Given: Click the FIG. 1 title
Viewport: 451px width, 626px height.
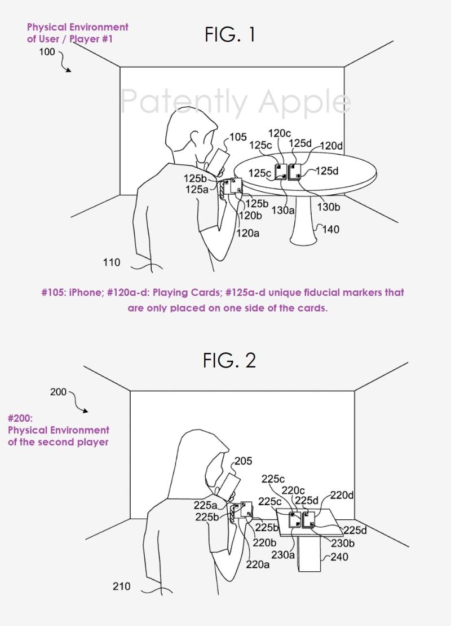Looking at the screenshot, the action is coord(229,34).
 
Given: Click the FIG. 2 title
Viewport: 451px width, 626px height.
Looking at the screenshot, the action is coord(229,361).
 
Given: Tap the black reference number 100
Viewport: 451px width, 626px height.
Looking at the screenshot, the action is coord(47,51).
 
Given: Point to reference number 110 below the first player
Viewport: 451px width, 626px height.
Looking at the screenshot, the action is coord(111,262).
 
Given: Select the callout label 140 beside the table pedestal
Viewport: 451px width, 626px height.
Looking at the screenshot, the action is coord(330,229).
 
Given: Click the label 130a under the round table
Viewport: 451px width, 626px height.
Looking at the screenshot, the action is coord(283,209).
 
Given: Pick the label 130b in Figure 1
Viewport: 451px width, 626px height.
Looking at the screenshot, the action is coord(329,207).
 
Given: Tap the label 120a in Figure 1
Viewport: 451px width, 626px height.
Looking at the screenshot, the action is coord(247,233).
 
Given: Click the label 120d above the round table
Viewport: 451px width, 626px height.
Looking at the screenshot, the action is coord(331,146).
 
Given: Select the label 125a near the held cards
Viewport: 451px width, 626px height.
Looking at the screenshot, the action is coord(197,189).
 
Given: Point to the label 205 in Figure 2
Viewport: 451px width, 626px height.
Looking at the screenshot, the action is coord(243,461).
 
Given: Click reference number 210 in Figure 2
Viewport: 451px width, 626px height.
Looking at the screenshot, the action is coord(121,586).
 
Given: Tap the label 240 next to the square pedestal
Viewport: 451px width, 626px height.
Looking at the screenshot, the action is coord(339,557).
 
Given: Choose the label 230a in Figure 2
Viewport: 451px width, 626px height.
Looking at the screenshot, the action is coord(283,555).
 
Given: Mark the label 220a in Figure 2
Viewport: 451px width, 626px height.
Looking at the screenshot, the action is coord(258,564).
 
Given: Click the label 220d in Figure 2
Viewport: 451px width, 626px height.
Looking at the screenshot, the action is coord(342,496).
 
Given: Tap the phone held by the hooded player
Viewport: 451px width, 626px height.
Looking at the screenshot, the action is coord(229,485).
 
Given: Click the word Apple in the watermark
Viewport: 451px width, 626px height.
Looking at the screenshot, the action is coord(304,102).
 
